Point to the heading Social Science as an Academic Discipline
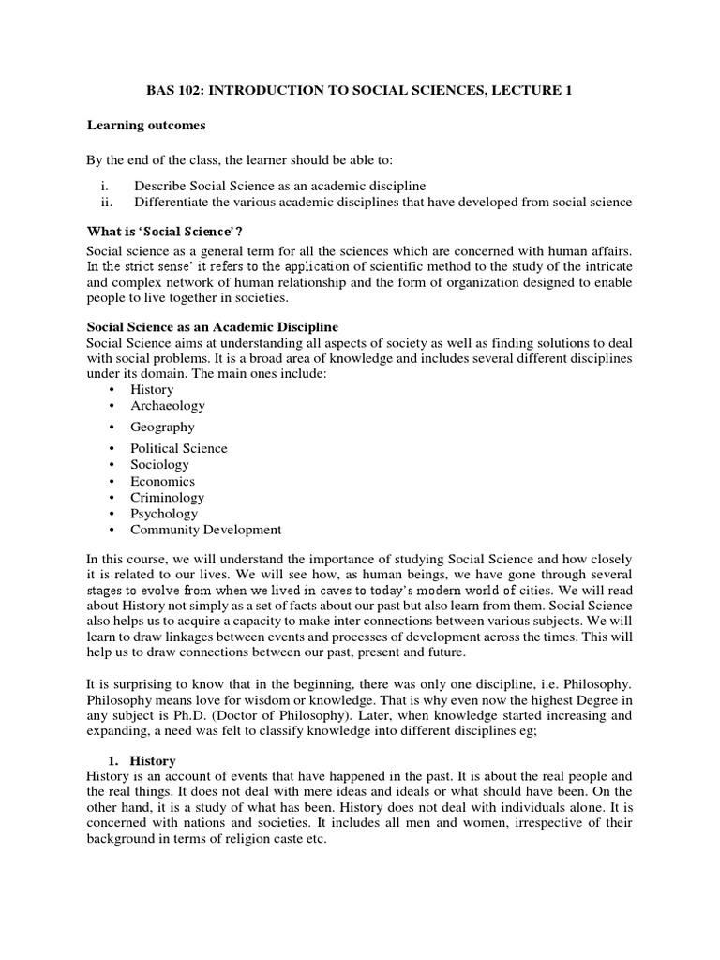(212, 326)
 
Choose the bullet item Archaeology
(168, 406)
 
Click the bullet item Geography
(163, 427)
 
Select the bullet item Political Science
(179, 448)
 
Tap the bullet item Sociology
(160, 465)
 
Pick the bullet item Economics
(163, 481)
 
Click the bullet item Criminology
(168, 498)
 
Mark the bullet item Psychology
(165, 514)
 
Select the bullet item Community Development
(206, 530)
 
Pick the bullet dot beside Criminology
(112, 498)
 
